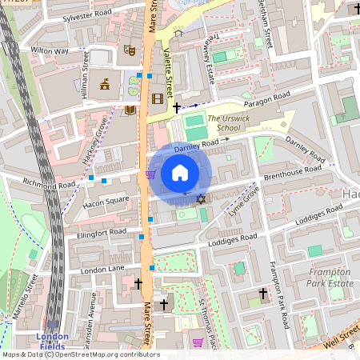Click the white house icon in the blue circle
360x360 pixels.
[180, 172]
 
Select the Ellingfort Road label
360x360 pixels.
[98, 232]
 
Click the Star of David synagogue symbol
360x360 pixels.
[201, 198]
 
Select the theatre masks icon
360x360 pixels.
[128, 50]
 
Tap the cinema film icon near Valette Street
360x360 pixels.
[157, 99]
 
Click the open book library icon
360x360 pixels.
[130, 110]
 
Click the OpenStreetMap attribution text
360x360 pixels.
[80, 354]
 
